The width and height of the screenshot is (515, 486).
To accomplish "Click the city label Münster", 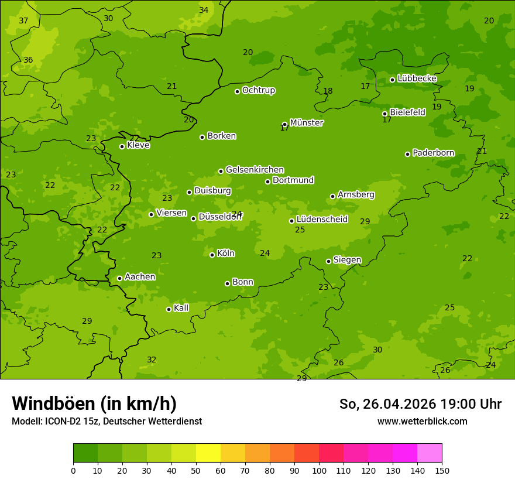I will coord(306,123).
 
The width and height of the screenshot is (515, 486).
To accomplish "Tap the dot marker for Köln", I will coord(212,255).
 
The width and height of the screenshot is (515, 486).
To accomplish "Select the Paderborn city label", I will coord(433,153).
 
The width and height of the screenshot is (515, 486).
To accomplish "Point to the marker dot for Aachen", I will coord(120,278).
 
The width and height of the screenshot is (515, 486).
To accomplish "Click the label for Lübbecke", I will coord(417,78).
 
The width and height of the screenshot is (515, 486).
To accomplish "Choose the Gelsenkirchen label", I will coord(255,170).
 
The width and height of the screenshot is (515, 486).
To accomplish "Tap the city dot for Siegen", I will coord(329,261).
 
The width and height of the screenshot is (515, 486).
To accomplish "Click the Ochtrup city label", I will coord(258,90).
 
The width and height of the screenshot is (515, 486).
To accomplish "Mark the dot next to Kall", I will coord(169,309).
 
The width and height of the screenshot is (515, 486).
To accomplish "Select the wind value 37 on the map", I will coord(23,20).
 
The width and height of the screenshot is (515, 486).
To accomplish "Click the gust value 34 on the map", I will coord(204,10).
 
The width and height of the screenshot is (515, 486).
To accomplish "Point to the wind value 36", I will coord(28,60).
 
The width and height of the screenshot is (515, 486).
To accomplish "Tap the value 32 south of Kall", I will coord(152,360).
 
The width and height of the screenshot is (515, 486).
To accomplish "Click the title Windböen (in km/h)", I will coord(94,403).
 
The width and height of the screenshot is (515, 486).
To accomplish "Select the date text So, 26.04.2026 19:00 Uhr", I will coord(420,404).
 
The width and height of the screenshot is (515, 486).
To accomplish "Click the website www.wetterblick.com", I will coord(422,421).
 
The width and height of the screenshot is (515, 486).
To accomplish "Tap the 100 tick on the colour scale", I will coord(319,470).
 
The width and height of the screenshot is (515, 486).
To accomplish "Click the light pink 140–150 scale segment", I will coord(430,453).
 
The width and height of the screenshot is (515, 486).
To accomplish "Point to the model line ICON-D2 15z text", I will coord(107,421).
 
